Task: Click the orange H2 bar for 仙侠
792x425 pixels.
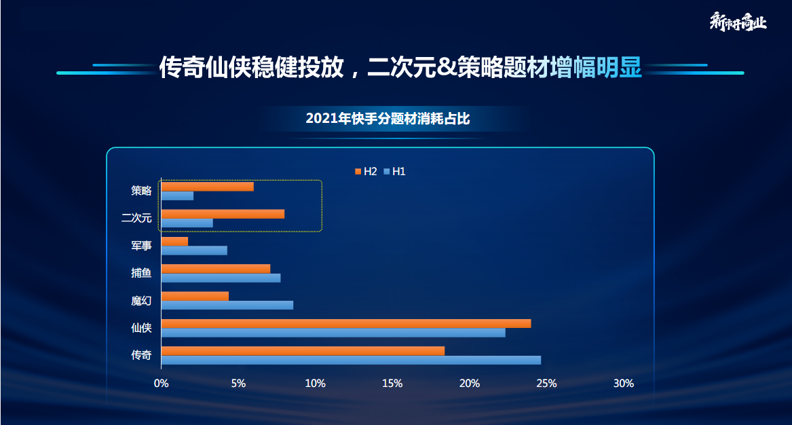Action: click(x=345, y=323)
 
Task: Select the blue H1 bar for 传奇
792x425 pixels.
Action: click(x=351, y=360)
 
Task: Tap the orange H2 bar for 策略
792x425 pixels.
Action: click(x=207, y=187)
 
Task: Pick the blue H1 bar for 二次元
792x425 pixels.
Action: click(x=187, y=223)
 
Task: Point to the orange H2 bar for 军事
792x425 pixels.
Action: click(x=174, y=241)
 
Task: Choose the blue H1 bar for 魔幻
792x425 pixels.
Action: click(x=227, y=305)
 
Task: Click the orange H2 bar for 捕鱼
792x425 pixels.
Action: click(x=215, y=269)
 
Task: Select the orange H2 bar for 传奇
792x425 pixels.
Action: click(x=303, y=350)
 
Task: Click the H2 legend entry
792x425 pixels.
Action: click(x=366, y=172)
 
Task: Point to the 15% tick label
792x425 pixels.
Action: click(x=392, y=384)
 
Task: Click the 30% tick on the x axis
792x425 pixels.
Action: click(x=623, y=384)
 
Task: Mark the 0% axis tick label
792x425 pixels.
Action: click(x=161, y=384)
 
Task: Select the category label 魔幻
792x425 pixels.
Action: click(x=141, y=300)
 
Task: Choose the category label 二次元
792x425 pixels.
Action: click(x=136, y=218)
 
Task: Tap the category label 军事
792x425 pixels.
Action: click(x=141, y=246)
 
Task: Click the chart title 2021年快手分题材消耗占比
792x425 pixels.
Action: click(x=388, y=119)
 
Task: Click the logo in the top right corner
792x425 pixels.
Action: click(x=738, y=22)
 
